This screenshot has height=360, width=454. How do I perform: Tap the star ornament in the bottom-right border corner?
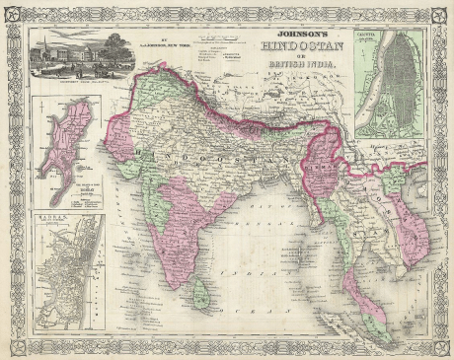tap(439, 347)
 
